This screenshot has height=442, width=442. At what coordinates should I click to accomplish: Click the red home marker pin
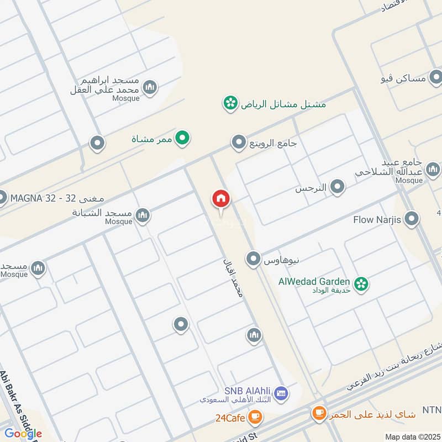point(221,199)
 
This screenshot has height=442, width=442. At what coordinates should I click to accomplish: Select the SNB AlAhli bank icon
point(281,393)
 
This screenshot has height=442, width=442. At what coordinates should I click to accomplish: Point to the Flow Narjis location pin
point(411,220)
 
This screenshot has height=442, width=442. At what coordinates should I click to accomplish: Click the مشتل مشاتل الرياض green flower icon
point(230,103)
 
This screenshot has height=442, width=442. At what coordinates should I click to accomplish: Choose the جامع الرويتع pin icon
point(239,143)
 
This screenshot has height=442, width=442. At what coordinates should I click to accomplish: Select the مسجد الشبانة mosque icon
point(143,215)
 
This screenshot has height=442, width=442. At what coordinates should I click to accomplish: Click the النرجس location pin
point(337,188)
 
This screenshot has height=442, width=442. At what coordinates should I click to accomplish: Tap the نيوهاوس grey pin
point(254,259)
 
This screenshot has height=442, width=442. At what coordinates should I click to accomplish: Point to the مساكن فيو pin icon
point(436,78)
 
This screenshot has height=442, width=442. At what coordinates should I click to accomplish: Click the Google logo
point(23,433)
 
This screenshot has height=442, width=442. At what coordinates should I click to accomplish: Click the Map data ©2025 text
point(412,436)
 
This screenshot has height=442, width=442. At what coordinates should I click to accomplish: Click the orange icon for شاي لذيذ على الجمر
point(319,412)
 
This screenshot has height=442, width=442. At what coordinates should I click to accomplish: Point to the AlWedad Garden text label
point(314,281)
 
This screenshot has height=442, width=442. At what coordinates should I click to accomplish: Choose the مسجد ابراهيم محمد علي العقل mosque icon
point(150,88)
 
